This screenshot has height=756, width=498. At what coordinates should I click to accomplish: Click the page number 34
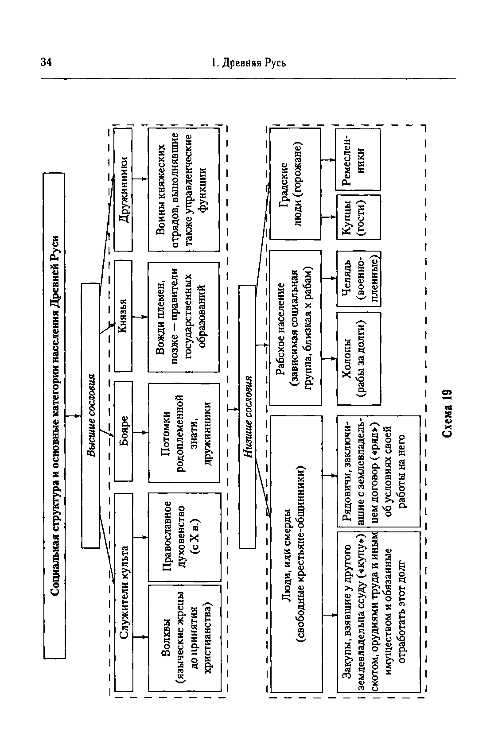(46, 62)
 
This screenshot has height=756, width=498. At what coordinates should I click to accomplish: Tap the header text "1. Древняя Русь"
(249, 62)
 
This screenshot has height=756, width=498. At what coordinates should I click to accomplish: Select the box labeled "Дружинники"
(123, 189)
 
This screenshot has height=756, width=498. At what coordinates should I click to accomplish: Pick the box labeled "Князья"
(123, 315)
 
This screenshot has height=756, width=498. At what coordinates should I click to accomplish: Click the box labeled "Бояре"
(123, 430)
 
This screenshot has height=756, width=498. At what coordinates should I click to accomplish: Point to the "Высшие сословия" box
(90, 415)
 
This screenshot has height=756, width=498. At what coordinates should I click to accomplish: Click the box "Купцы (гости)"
(358, 217)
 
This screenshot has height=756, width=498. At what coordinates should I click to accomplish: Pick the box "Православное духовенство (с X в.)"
(184, 536)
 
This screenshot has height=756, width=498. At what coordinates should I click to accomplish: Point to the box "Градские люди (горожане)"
(295, 184)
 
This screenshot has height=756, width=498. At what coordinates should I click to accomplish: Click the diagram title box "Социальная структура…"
(54, 415)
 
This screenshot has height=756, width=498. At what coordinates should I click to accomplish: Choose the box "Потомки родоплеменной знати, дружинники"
(184, 432)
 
